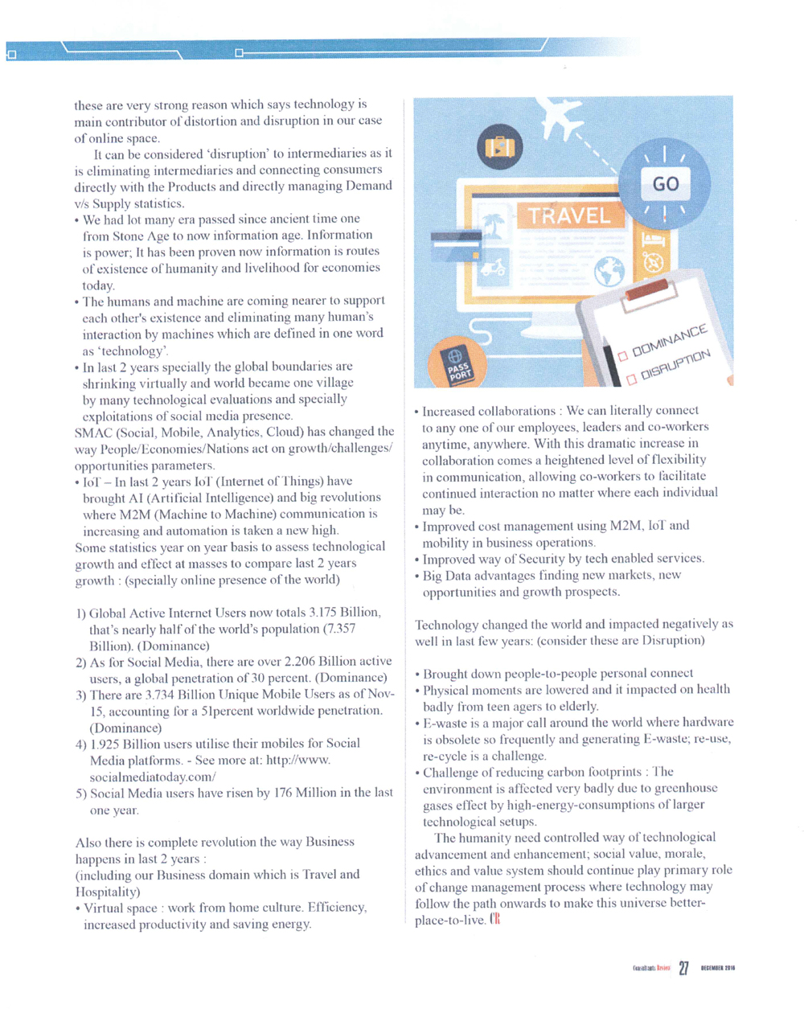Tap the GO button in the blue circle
pyautogui.click(x=665, y=184)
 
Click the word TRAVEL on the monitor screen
pyautogui.click(x=569, y=215)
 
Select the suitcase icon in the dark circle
pyautogui.click(x=499, y=147)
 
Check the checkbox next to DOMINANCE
pyautogui.click(x=622, y=356)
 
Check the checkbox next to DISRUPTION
pyautogui.click(x=631, y=377)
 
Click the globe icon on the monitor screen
pyautogui.click(x=609, y=272)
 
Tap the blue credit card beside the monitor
pyautogui.click(x=456, y=245)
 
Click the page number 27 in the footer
pyautogui.click(x=683, y=968)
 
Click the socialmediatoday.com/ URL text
pyautogui.click(x=153, y=777)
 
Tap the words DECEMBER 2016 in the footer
pyautogui.click(x=718, y=968)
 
